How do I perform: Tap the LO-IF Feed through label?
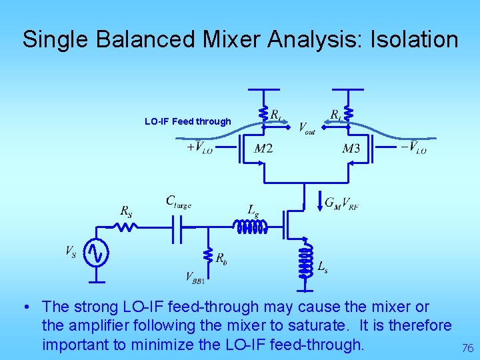coord(187,121)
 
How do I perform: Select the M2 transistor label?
coord(263,148)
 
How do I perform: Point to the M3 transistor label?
coord(351,148)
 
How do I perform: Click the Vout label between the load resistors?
coord(307,127)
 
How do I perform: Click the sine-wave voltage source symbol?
coord(97,252)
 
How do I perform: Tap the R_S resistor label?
coord(126,211)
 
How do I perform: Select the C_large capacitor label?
coord(179,201)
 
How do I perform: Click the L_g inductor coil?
coord(249,227)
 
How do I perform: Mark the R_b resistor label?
coord(220,259)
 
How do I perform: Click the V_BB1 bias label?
coord(195,278)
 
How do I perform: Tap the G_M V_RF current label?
coord(341,203)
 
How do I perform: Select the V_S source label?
coord(71,251)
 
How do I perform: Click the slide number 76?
coord(467,347)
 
